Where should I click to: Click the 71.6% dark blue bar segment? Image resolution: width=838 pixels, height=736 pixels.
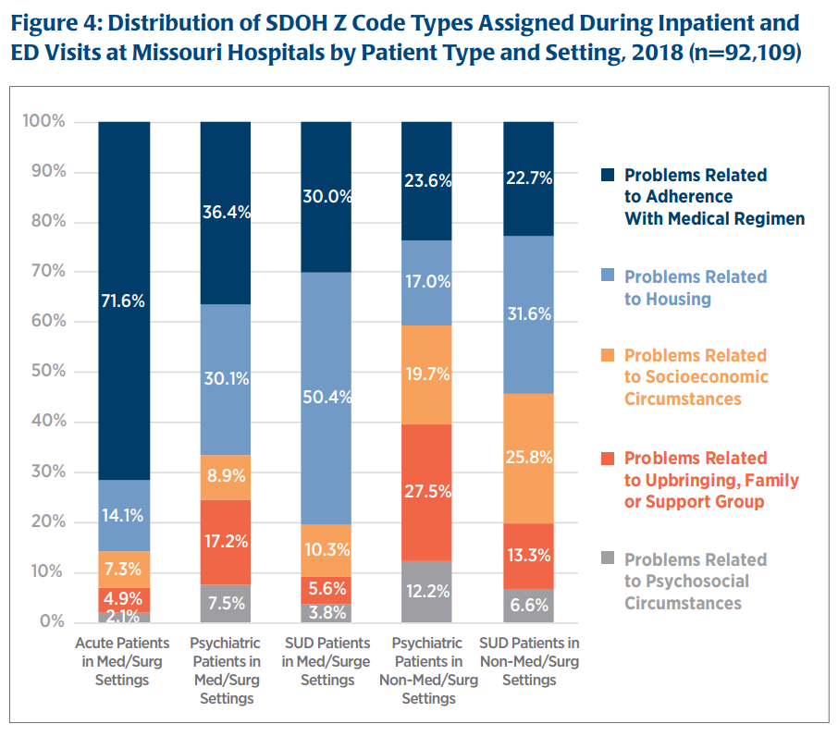click(x=124, y=301)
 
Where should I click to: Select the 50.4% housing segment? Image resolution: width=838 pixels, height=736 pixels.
click(x=326, y=398)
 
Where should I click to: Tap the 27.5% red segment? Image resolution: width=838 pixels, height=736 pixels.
click(x=426, y=492)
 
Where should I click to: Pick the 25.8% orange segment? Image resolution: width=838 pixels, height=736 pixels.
click(x=528, y=458)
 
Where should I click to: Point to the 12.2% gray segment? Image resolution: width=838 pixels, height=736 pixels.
click(x=426, y=592)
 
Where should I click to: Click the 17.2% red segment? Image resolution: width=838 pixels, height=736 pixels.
click(x=226, y=542)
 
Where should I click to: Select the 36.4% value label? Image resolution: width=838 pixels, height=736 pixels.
click(x=226, y=213)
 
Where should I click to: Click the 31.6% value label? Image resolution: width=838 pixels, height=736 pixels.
click(x=529, y=313)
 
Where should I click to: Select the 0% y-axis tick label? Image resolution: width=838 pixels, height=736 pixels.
click(x=53, y=621)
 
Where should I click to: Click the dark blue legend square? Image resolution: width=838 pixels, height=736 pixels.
click(x=608, y=175)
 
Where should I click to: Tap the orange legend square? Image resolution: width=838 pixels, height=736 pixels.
click(x=608, y=356)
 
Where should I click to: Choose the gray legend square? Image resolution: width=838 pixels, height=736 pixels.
click(x=608, y=559)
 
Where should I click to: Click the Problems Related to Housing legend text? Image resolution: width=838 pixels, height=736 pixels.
click(x=695, y=288)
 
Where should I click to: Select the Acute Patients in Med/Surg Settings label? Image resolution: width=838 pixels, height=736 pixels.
click(x=124, y=661)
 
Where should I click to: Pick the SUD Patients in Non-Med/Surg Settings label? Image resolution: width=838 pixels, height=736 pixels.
click(x=528, y=661)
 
